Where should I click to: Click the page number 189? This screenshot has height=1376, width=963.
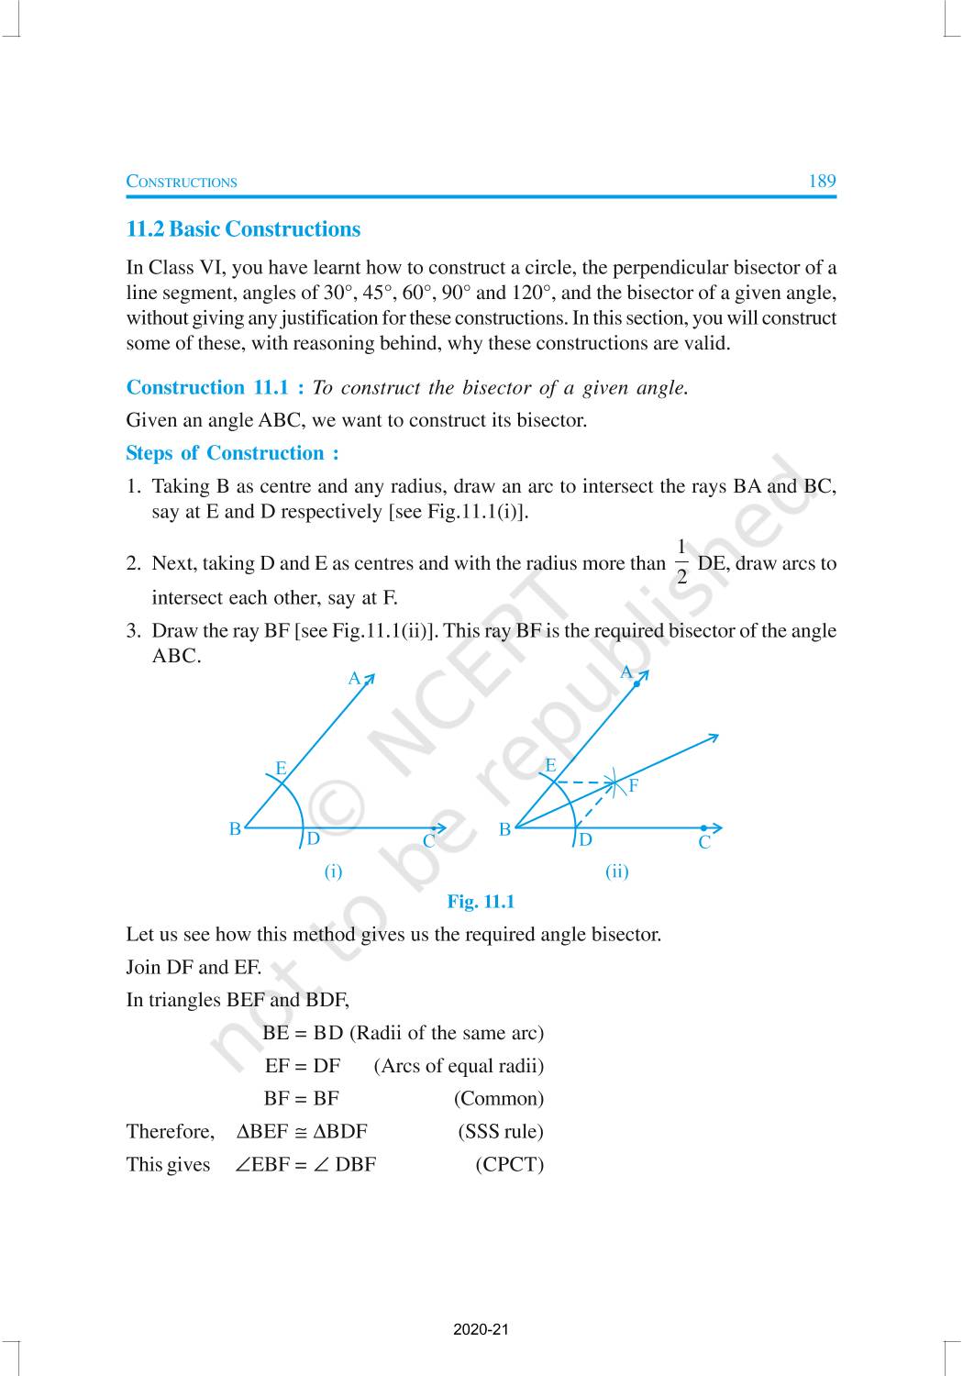(822, 181)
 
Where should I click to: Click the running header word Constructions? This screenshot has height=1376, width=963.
(182, 182)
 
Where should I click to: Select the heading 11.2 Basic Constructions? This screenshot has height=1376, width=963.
(243, 229)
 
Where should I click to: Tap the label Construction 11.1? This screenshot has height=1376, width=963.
(216, 387)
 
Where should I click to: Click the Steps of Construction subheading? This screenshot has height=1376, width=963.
(232, 453)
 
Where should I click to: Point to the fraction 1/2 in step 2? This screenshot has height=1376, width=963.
(681, 562)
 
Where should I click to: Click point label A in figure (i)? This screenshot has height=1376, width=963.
(354, 679)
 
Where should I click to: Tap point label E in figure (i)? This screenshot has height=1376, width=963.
(281, 768)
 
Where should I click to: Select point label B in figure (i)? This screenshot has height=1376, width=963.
(235, 828)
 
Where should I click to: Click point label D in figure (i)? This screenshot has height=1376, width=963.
(313, 838)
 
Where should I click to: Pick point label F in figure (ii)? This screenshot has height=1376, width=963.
(633, 786)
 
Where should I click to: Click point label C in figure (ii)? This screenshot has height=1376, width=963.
(704, 842)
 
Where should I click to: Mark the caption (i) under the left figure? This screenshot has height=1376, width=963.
(333, 871)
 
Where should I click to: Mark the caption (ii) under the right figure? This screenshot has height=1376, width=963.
(617, 871)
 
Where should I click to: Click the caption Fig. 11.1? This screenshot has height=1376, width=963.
(481, 902)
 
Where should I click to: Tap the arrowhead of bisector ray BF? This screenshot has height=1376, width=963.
(714, 737)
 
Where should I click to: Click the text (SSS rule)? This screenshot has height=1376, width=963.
(501, 1131)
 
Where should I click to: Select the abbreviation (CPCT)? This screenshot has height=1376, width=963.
(509, 1164)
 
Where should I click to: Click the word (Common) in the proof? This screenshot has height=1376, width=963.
(498, 1098)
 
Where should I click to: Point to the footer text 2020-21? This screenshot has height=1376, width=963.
(481, 1329)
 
